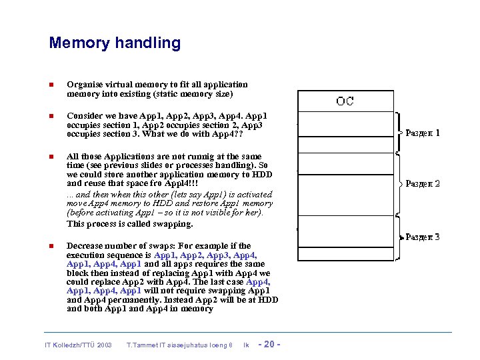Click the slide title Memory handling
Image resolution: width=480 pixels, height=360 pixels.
tap(115, 43)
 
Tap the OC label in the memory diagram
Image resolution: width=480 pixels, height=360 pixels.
tap(345, 101)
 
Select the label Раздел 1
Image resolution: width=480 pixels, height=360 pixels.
tap(423, 133)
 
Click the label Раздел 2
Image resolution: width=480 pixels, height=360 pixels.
tap(423, 183)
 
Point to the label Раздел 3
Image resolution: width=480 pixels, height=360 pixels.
tap(423, 237)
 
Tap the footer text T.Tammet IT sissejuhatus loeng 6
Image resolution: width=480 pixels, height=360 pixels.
tap(179, 345)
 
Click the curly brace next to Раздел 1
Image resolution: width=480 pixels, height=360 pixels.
tap(397, 133)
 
